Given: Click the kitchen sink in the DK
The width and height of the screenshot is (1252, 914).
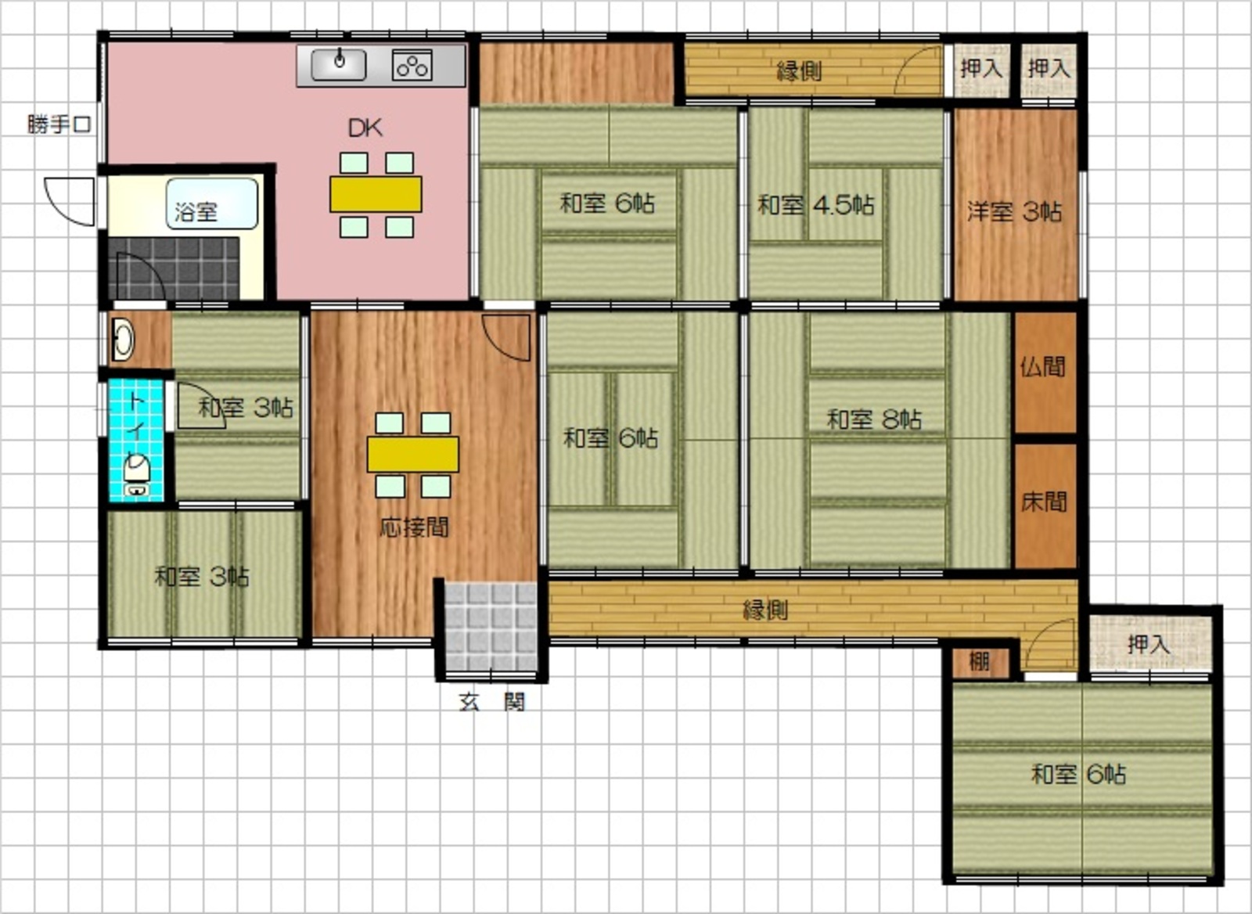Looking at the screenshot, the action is [339, 65].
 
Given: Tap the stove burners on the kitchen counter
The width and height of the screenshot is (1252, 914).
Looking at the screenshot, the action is [412, 66].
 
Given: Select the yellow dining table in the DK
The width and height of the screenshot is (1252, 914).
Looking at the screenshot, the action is [376, 194].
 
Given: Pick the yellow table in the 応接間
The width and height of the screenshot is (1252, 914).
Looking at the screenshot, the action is [413, 454].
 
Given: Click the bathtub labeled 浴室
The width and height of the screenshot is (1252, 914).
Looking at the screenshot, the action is [212, 204].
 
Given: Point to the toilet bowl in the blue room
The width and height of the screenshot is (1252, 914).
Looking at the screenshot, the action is [137, 469].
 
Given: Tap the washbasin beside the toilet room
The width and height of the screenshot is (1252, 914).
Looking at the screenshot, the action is [124, 340].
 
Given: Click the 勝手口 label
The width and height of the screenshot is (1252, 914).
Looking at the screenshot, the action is [59, 124].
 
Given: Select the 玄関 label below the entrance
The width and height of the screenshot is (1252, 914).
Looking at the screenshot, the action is [492, 702].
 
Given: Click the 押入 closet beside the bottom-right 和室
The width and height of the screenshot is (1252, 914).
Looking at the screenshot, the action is [1150, 644].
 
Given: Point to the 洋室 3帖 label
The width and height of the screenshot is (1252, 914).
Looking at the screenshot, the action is [1014, 212].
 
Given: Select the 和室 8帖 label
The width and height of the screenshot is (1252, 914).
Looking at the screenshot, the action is [875, 419].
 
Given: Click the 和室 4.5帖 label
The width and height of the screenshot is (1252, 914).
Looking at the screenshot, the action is [815, 205].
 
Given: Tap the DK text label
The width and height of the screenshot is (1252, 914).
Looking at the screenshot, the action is [365, 128].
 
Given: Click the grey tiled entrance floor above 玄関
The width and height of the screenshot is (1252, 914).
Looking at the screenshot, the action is [491, 627].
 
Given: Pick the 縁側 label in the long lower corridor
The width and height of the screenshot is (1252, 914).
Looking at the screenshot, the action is [765, 610].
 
